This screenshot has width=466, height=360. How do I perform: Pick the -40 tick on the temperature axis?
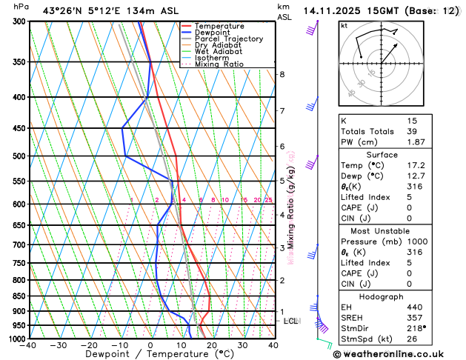tap(29, 345)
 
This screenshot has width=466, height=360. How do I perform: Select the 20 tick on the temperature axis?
tap(212, 345)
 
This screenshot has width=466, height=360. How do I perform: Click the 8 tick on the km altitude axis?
tap(282, 75)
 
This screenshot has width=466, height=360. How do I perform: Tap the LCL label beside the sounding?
tap(291, 321)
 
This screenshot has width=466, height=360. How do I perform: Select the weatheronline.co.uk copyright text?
tap(399, 354)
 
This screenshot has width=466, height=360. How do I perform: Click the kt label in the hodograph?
tap(344, 26)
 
